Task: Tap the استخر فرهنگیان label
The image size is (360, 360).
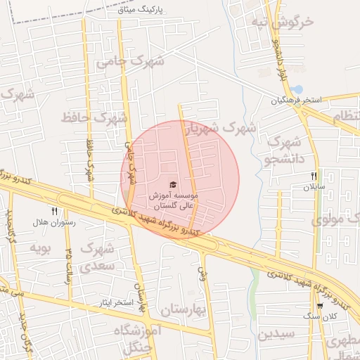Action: (x=297, y=101)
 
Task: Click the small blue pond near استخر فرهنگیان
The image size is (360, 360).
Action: (x=297, y=90)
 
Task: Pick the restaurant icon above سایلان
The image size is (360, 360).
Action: (x=314, y=176)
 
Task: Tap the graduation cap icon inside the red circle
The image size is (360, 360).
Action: (x=174, y=184)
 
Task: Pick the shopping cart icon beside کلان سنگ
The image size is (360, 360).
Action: (x=320, y=305)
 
